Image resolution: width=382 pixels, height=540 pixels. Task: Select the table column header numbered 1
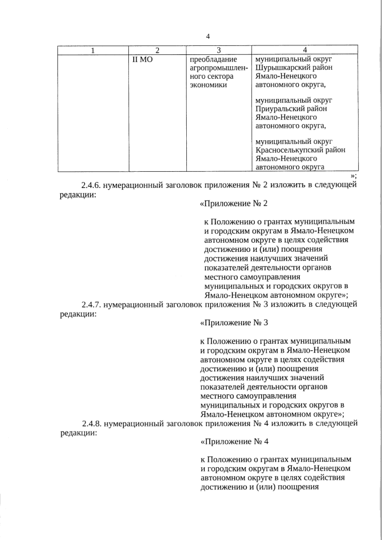coord(93,50)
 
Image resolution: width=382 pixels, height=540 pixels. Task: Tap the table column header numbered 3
coord(218,50)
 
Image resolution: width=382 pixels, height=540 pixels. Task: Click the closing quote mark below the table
coord(354,175)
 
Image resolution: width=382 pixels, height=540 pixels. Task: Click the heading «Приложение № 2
coord(234,205)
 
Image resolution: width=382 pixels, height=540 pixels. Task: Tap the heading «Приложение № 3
coord(234,324)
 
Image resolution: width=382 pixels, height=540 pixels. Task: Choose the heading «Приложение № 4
coord(234,443)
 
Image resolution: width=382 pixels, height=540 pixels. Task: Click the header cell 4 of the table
coord(304,50)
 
